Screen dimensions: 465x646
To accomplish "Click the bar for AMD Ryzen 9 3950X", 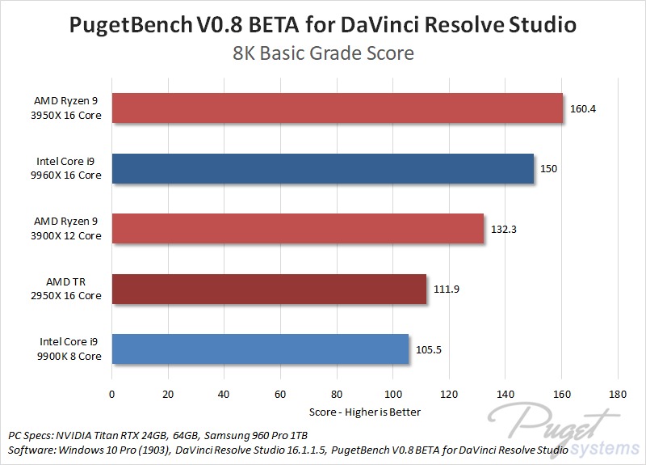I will (x=337, y=108).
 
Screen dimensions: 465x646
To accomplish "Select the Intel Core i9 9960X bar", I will (x=322, y=168).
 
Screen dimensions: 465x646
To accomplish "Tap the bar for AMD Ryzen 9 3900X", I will (x=297, y=229).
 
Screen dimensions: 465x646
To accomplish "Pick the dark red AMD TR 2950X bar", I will (x=268, y=289).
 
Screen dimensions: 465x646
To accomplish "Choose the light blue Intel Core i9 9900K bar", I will (x=259, y=349).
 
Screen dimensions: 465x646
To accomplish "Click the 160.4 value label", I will (x=581, y=108).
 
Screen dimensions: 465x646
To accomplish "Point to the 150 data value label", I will (x=548, y=168).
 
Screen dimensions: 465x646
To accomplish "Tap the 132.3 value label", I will (x=503, y=229).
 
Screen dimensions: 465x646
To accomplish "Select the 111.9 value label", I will (x=446, y=289).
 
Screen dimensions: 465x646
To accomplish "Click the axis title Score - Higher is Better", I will (x=364, y=412).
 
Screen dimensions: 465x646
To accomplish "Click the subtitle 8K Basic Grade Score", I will (x=323, y=54).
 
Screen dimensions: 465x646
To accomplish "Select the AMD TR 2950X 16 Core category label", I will (x=68, y=289).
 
